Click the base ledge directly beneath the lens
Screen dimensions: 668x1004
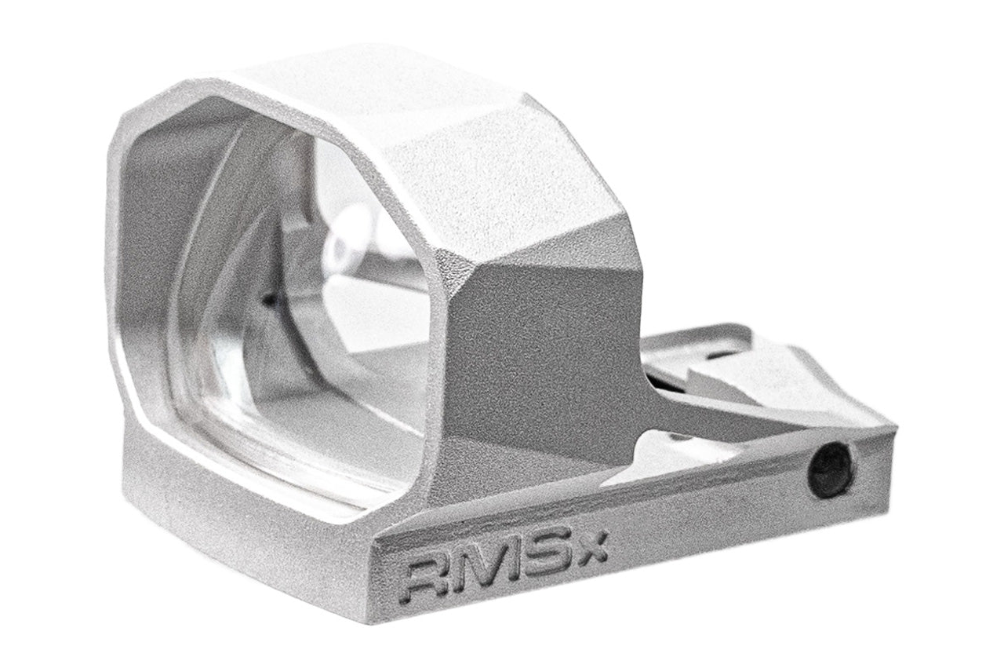tap(259, 510)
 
